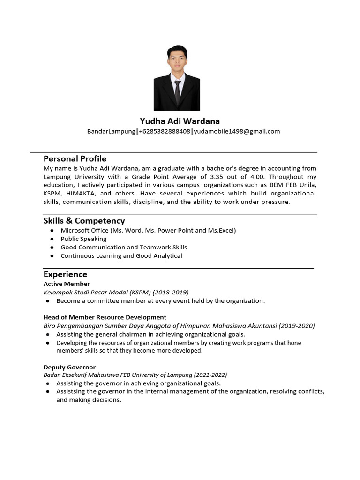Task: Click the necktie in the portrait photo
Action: (177, 91)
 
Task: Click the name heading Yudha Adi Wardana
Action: (180, 121)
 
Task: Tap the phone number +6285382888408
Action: (165, 131)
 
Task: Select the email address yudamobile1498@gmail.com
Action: (237, 131)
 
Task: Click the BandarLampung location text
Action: (111, 131)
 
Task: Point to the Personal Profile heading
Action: (75, 158)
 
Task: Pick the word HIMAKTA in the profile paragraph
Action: (81, 193)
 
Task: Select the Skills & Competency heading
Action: (84, 220)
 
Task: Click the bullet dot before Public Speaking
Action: (51, 239)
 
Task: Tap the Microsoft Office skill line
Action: (148, 230)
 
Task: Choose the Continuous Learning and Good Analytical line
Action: (121, 255)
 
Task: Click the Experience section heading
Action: (65, 274)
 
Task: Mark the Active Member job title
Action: (67, 284)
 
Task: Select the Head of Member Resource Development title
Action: (105, 317)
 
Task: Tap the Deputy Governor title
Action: (69, 367)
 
